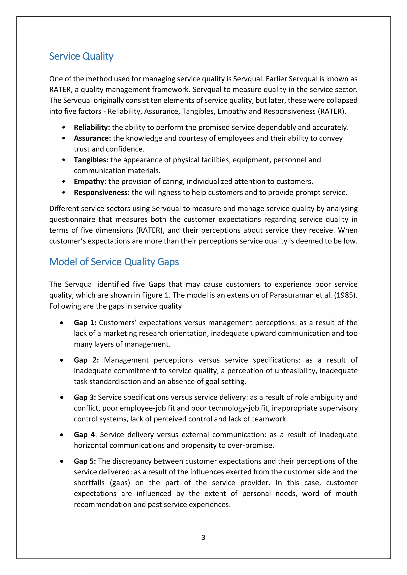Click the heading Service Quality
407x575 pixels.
click(x=81, y=56)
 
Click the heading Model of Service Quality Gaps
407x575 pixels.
click(x=114, y=262)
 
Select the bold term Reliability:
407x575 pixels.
click(x=92, y=127)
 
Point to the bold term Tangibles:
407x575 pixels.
click(x=91, y=160)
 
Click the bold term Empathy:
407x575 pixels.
click(x=90, y=181)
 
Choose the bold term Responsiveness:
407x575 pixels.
click(x=102, y=192)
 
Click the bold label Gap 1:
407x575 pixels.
click(x=85, y=323)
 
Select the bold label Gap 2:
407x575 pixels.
click(x=86, y=360)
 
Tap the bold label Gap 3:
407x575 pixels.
click(x=85, y=397)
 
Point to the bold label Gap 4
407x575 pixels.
click(x=84, y=434)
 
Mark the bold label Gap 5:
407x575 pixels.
click(x=85, y=461)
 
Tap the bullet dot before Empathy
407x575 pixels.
click(x=64, y=182)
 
